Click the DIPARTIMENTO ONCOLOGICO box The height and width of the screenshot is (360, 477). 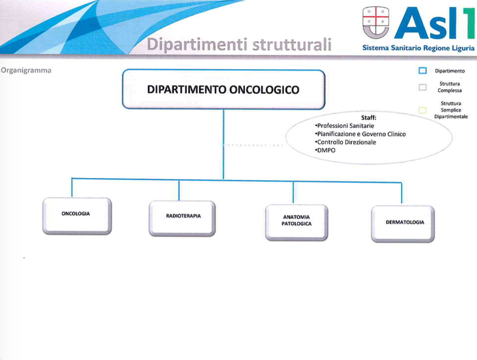pos(224,89)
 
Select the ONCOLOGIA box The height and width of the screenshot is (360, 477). pos(77,216)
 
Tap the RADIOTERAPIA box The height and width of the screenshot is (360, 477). pos(182,218)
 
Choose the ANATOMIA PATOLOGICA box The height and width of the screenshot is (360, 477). pos(296,222)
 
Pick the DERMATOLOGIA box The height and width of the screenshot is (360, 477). pos(403,224)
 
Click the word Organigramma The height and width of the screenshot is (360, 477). pos(26,70)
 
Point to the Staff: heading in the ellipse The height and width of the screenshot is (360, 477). pos(369,118)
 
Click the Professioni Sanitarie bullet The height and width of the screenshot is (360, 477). pos(345,126)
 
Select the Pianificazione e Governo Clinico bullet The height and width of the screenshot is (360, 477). pos(361,134)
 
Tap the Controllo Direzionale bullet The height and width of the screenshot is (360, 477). pos(346,142)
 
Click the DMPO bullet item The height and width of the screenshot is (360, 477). pos(325,151)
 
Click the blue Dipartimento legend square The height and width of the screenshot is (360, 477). pos(422,70)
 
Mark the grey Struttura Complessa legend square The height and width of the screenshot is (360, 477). pos(422,88)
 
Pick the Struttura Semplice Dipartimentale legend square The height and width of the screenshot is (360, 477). pos(422,110)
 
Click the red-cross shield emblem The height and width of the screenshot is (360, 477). pos(376,22)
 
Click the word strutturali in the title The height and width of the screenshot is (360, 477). pos(292,44)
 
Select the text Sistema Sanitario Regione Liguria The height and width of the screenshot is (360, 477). pos(418,48)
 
